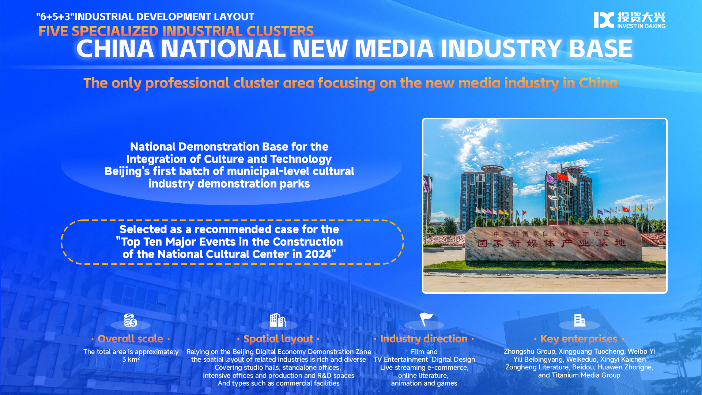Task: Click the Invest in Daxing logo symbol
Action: tap(604, 20)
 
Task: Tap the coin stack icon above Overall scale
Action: tap(131, 320)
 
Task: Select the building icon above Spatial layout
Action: tap(278, 320)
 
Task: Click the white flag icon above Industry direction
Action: tap(426, 319)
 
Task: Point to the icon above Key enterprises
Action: tap(580, 320)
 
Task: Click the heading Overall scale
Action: tap(131, 339)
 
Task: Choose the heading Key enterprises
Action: tap(579, 339)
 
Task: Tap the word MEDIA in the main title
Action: tap(394, 49)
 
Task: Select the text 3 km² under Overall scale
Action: tap(131, 360)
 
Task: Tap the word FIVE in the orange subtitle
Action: tap(53, 31)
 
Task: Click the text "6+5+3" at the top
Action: tap(55, 17)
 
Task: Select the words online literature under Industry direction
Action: tap(423, 376)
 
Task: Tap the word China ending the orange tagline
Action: tap(598, 83)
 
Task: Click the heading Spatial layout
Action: tap(278, 339)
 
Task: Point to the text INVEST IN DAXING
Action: tap(641, 26)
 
